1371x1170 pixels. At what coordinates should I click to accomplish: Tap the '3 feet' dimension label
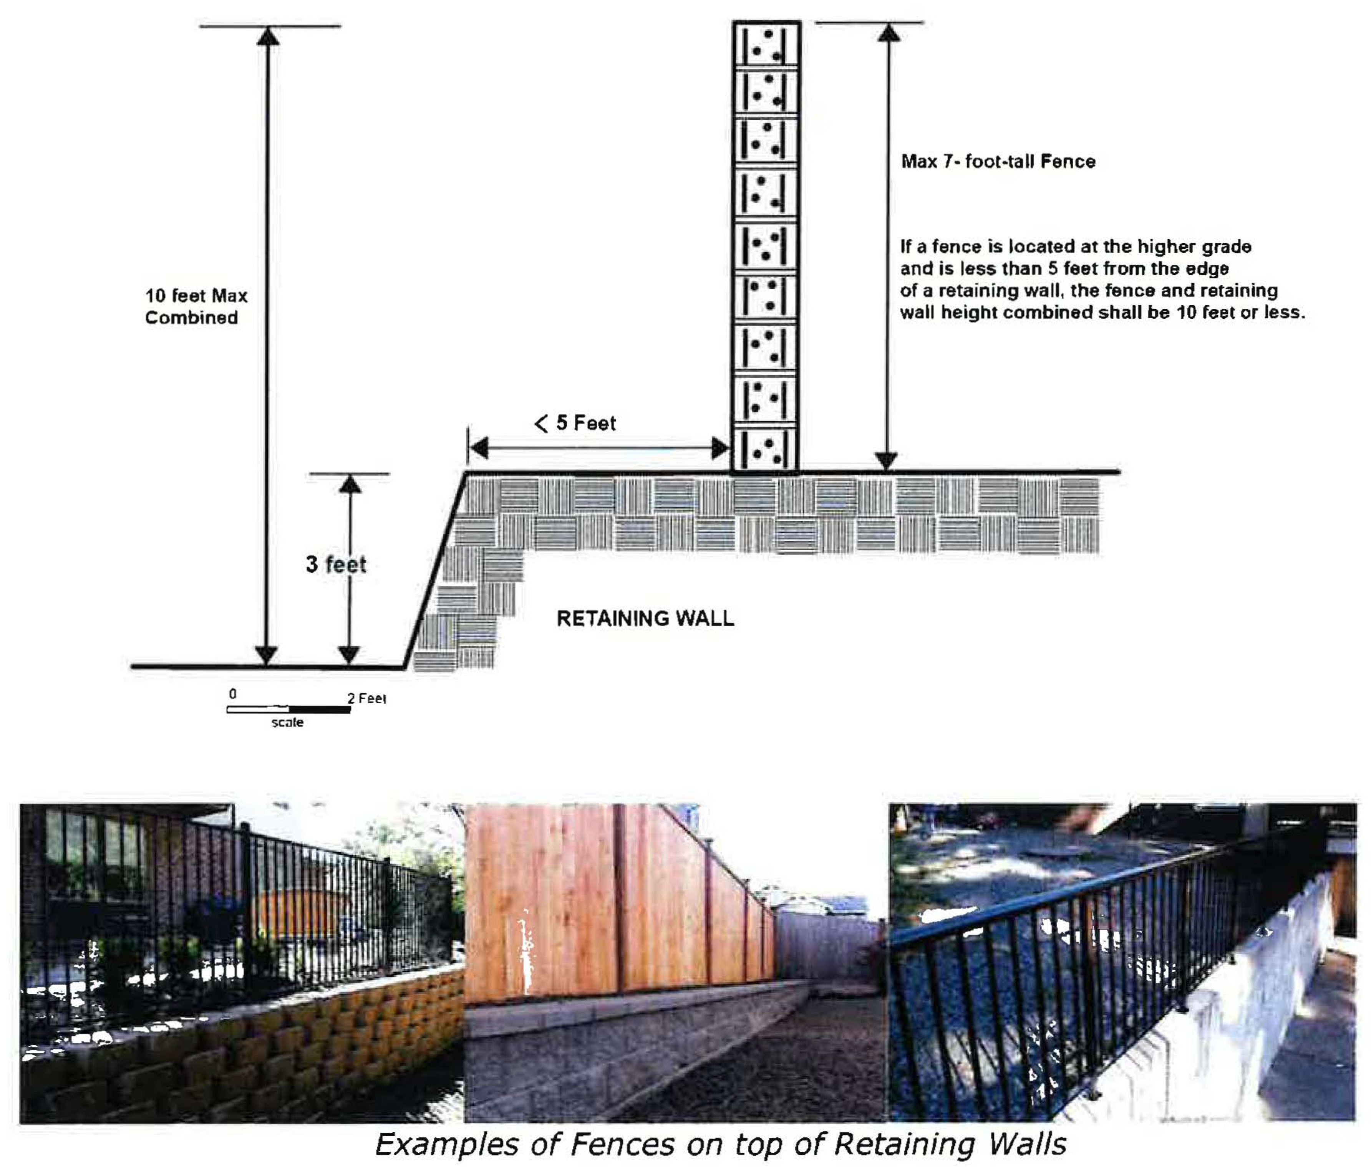click(x=336, y=564)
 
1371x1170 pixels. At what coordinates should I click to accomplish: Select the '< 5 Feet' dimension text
click(x=575, y=423)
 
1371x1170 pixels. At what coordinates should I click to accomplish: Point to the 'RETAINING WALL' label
click(x=645, y=618)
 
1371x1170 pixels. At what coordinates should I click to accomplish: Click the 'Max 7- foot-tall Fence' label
click(x=998, y=161)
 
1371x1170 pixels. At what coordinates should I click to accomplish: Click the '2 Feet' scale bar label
click(x=366, y=698)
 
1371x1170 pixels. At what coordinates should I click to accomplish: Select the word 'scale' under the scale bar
click(x=287, y=722)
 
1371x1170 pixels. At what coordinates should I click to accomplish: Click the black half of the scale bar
click(x=320, y=710)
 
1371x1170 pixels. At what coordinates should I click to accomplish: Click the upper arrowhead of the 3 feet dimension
click(x=350, y=484)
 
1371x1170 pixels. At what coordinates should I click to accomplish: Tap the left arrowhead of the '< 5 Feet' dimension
click(x=478, y=448)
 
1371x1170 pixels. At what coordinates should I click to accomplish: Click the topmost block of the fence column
click(x=766, y=44)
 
